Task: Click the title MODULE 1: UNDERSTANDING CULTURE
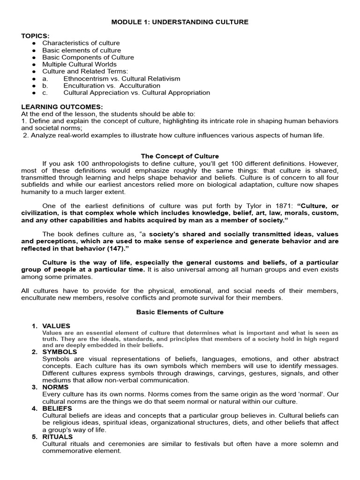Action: pos(180,22)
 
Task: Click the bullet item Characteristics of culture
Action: pos(81,43)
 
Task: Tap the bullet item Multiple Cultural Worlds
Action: pos(80,64)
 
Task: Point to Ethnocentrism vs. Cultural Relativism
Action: pos(122,79)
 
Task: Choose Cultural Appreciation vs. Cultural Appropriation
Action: pos(137,93)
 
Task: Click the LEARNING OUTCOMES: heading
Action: pos(62,107)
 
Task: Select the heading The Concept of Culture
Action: pos(180,156)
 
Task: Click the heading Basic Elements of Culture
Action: pos(180,312)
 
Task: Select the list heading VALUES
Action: pos(56,326)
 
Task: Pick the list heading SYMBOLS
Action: pos(60,352)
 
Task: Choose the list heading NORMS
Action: pos(55,387)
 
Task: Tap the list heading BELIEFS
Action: pos(57,408)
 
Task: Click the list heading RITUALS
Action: pos(57,437)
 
